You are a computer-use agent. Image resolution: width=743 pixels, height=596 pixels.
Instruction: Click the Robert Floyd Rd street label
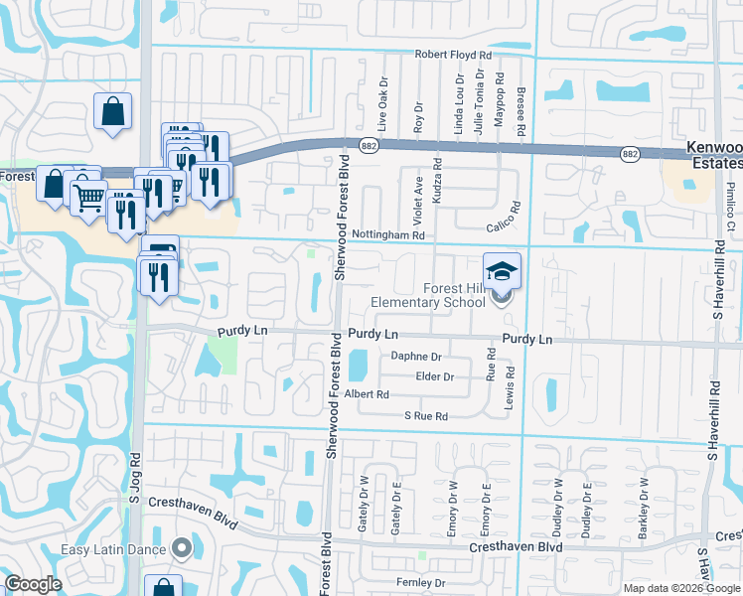coord(453,55)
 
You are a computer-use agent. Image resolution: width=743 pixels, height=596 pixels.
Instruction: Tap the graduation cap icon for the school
coord(503,269)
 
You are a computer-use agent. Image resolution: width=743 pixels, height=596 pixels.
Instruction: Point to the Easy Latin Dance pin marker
coord(181,546)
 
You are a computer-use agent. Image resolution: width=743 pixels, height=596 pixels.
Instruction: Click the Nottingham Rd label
coord(388,235)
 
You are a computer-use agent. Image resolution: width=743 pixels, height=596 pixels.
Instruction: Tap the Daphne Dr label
coord(415,356)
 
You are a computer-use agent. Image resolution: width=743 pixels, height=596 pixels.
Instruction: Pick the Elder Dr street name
coord(434,376)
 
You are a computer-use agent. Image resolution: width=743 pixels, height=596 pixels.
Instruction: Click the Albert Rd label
coord(367,394)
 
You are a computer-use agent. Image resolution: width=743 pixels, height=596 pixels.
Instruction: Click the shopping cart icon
coord(88,196)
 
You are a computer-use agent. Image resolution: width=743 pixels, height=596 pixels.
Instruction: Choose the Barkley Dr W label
coord(644,502)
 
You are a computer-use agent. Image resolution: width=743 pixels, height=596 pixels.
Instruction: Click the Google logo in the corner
coord(33,584)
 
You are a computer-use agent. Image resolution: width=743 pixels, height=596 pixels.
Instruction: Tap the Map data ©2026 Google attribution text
coord(681,588)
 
